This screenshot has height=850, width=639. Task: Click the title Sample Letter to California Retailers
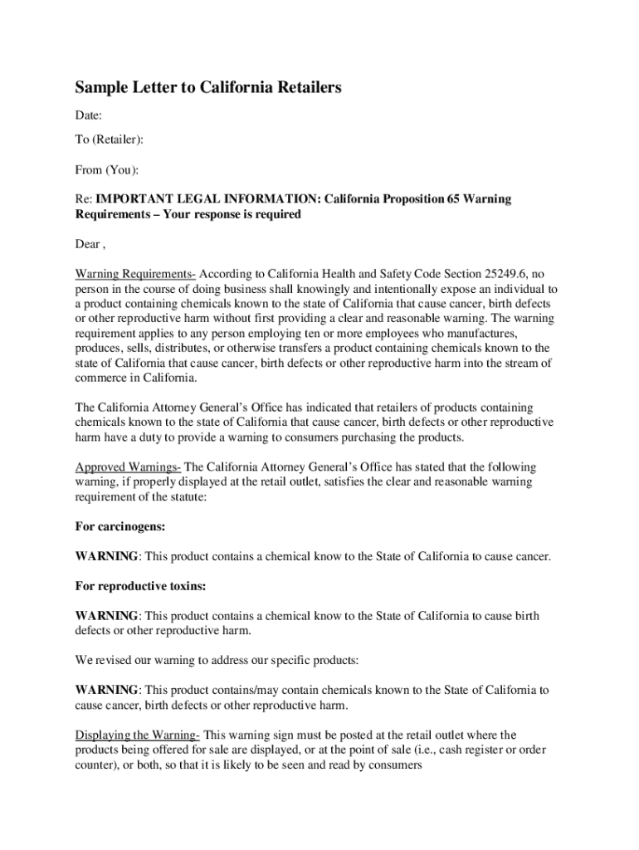click(x=208, y=87)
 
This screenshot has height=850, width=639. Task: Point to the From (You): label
click(x=107, y=170)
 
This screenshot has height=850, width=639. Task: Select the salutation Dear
click(x=88, y=245)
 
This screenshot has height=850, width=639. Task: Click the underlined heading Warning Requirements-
click(x=135, y=274)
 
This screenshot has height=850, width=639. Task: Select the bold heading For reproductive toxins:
click(x=140, y=586)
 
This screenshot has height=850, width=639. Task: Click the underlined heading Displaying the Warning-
click(x=138, y=735)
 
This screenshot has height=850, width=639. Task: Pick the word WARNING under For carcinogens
click(x=107, y=556)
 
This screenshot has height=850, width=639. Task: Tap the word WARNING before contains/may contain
click(x=107, y=691)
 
